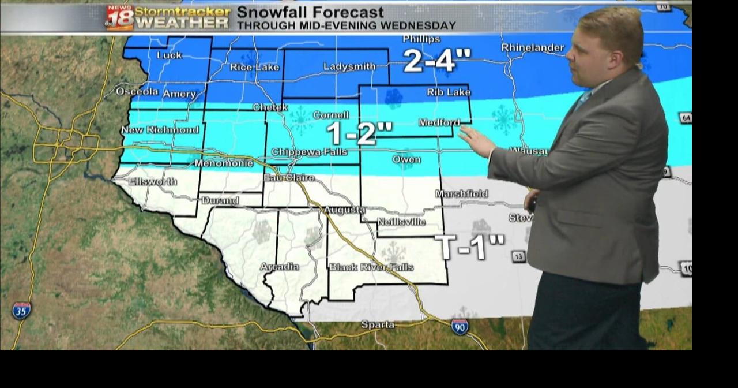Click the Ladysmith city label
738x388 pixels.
pyautogui.click(x=349, y=67)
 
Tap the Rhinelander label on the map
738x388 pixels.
pyautogui.click(x=532, y=48)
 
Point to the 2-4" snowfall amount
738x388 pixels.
pyautogui.click(x=437, y=61)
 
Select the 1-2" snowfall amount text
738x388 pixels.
pyautogui.click(x=360, y=134)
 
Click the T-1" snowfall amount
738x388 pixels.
pyautogui.click(x=469, y=247)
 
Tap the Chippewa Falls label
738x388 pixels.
pyautogui.click(x=309, y=152)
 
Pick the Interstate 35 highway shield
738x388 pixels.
pyautogui.click(x=21, y=311)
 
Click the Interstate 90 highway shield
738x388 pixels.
pyautogui.click(x=460, y=327)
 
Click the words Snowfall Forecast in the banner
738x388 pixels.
pyautogui.click(x=310, y=12)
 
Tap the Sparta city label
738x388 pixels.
pyautogui.click(x=378, y=325)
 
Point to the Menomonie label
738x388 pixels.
pyautogui.click(x=223, y=163)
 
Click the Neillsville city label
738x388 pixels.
pyautogui.click(x=401, y=222)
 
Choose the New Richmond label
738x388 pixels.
pyautogui.click(x=160, y=130)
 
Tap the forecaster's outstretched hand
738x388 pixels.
pyautogui.click(x=476, y=140)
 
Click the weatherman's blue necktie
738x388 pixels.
pyautogui.click(x=583, y=99)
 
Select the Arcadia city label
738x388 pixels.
pyautogui.click(x=279, y=267)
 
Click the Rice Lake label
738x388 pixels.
pyautogui.click(x=254, y=68)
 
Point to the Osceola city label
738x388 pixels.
pyautogui.click(x=137, y=92)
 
